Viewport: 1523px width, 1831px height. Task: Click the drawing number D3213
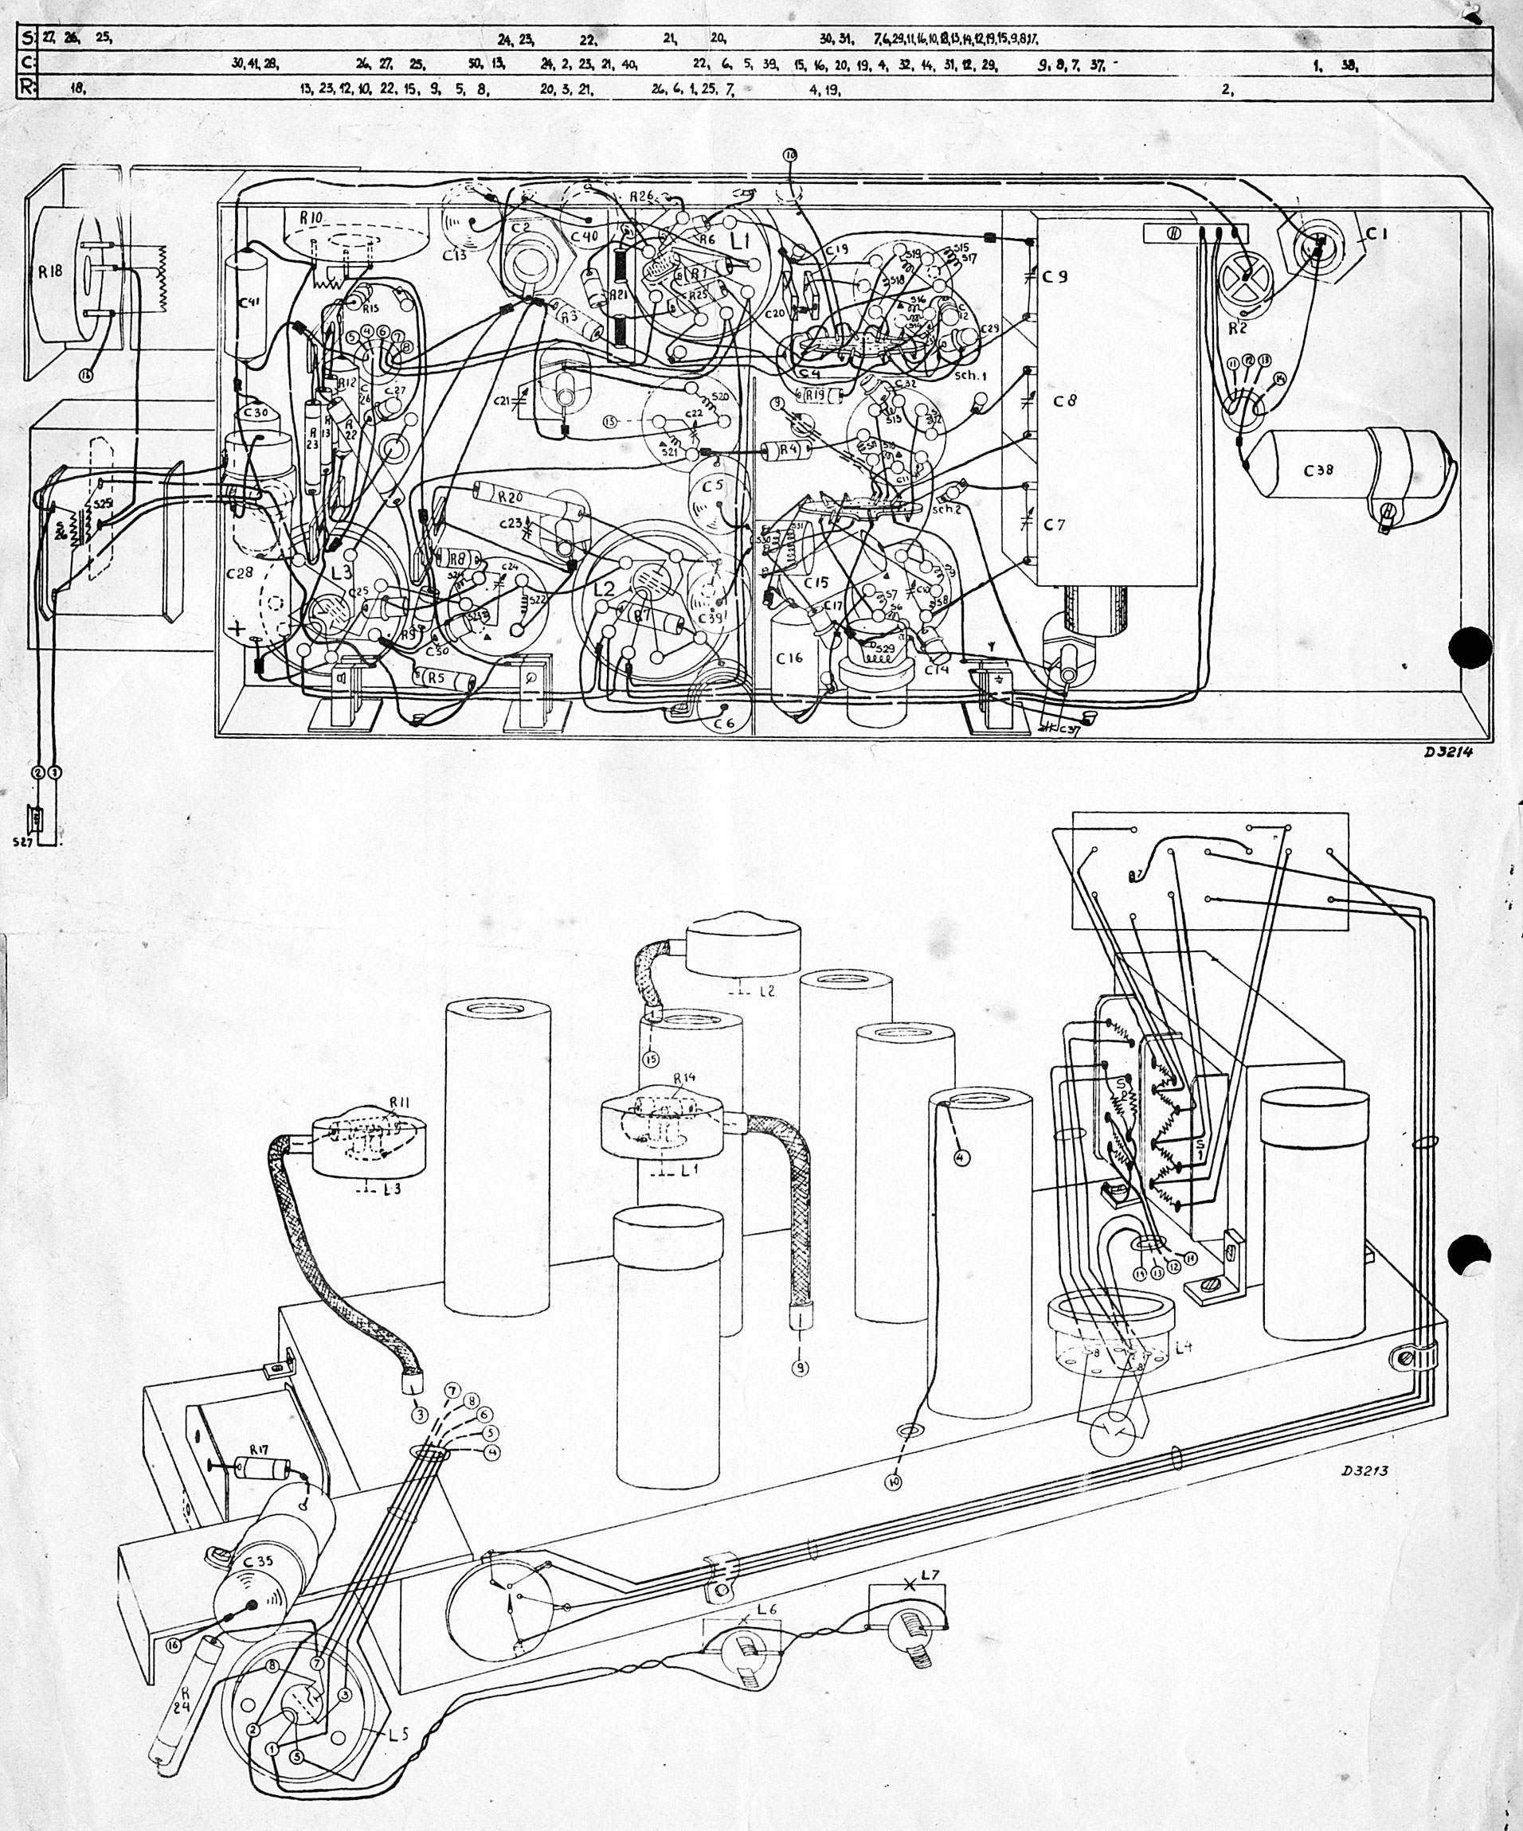pos(1365,1470)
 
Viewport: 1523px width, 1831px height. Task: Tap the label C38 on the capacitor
pos(1319,470)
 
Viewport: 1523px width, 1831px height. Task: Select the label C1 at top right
pos(1376,234)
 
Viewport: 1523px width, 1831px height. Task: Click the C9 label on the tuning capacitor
pos(1055,276)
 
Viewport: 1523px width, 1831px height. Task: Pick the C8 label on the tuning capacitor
pos(1064,400)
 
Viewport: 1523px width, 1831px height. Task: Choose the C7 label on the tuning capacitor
pos(1055,525)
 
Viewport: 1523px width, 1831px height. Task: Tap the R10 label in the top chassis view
pos(311,218)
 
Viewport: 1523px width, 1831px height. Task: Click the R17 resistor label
pos(259,1450)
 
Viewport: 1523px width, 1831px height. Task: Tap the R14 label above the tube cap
pos(685,1079)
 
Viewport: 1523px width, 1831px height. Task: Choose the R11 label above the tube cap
pos(398,1103)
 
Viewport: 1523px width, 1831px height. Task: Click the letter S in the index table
pos(26,37)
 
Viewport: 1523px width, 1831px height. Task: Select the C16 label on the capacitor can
pos(789,658)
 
